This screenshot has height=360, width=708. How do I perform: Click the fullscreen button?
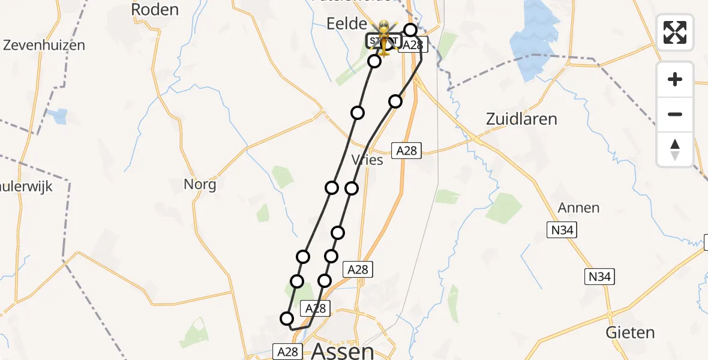click(675, 32)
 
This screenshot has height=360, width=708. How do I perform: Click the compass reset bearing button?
click(675, 149)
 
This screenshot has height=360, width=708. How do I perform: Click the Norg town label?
click(200, 184)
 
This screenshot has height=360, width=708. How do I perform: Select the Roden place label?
click(155, 9)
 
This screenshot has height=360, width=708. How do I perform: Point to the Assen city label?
click(344, 350)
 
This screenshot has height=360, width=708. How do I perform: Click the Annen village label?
click(578, 208)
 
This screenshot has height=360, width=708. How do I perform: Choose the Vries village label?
click(367, 160)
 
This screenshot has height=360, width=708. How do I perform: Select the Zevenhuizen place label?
click(44, 45)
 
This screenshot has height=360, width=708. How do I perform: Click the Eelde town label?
click(346, 24)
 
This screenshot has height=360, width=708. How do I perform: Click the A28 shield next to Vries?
click(406, 151)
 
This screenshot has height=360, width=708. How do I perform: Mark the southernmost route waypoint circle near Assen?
click(287, 319)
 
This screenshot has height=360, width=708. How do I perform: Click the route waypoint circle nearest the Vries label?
click(352, 188)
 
